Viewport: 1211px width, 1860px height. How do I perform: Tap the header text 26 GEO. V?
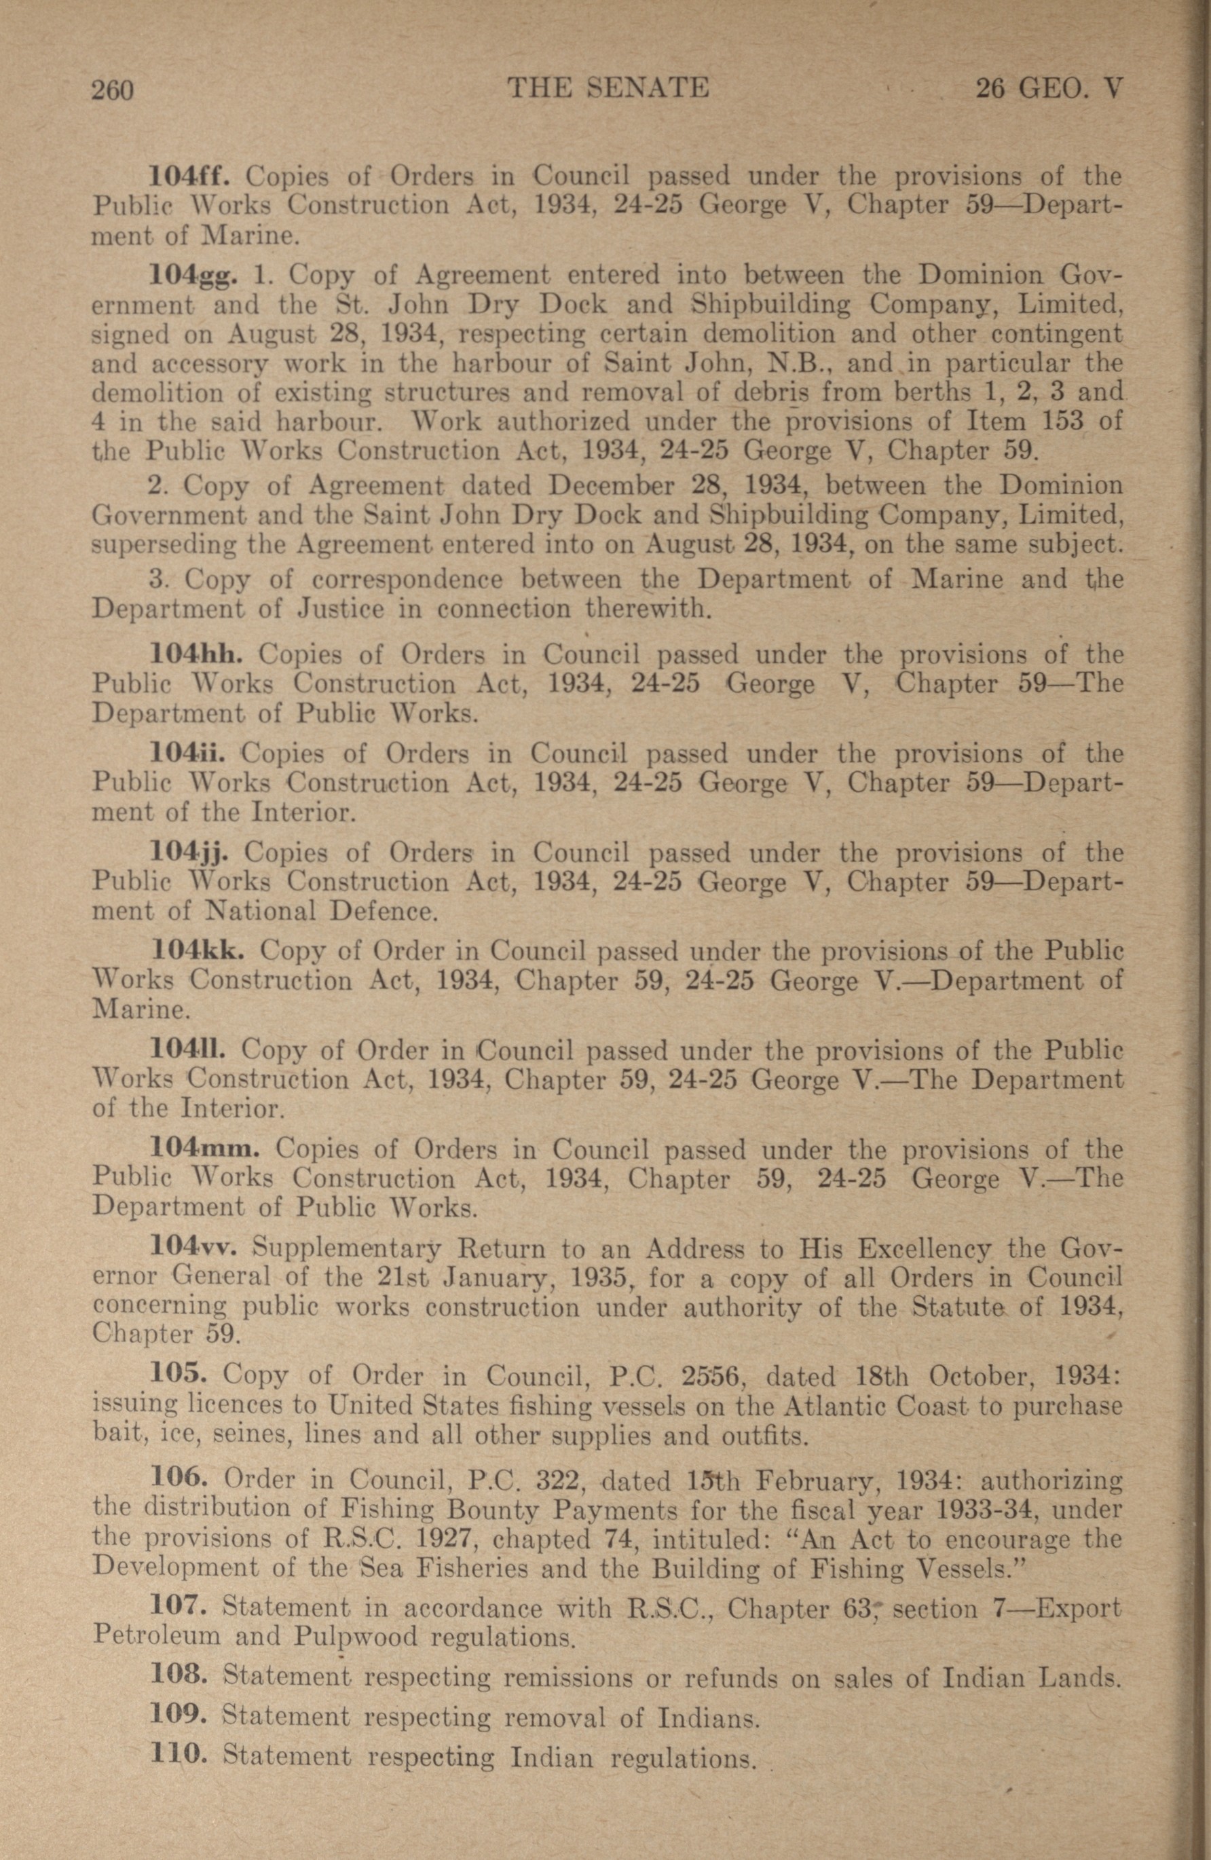click(x=1049, y=88)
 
